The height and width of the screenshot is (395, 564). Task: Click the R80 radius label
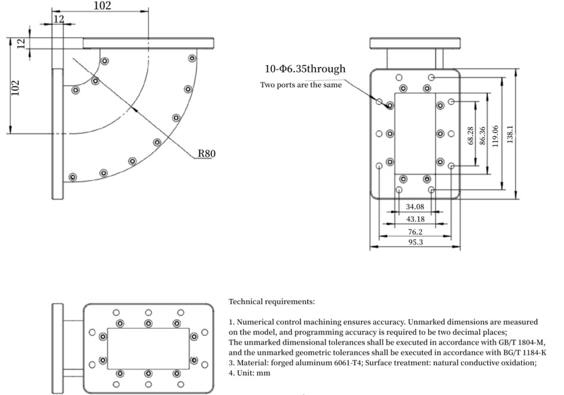pyautogui.click(x=207, y=154)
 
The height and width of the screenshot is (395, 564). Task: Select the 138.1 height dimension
pyautogui.click(x=510, y=134)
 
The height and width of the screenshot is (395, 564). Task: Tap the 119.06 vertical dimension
pyautogui.click(x=495, y=136)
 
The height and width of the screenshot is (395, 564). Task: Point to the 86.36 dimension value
pyautogui.click(x=483, y=135)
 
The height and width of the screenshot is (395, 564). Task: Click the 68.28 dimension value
pyautogui.click(x=470, y=135)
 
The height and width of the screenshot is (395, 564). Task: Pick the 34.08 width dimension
pyautogui.click(x=415, y=206)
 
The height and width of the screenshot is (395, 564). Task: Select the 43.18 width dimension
pyautogui.click(x=415, y=219)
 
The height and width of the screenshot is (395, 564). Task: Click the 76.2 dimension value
pyautogui.click(x=415, y=232)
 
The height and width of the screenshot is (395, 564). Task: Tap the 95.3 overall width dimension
pyautogui.click(x=416, y=242)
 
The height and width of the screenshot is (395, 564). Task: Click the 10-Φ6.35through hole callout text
pyautogui.click(x=305, y=69)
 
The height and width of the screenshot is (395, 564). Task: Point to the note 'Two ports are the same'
pyautogui.click(x=301, y=85)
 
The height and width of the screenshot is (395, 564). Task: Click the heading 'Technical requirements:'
pyautogui.click(x=271, y=301)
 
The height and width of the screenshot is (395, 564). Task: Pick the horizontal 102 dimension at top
pyautogui.click(x=103, y=6)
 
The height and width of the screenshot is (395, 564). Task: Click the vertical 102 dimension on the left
pyautogui.click(x=15, y=88)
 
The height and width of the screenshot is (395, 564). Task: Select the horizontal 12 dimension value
pyautogui.click(x=59, y=19)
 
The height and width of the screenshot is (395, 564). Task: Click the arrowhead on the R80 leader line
pyautogui.click(x=135, y=109)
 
